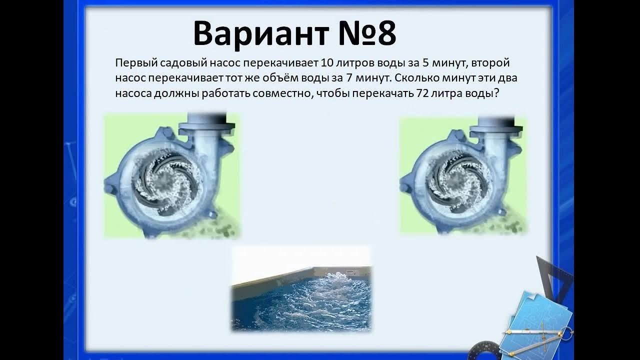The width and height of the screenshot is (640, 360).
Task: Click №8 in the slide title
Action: pyautogui.click(x=364, y=34)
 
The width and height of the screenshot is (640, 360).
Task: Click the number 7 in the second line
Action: pyautogui.click(x=348, y=79)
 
